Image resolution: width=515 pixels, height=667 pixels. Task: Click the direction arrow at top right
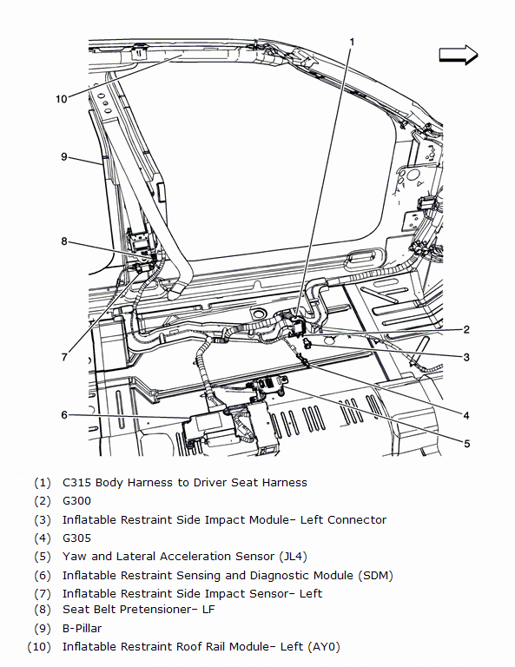[x=459, y=55]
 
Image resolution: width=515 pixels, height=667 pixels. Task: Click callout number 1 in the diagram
[x=352, y=42]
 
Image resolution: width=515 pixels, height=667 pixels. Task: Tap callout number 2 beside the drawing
[x=466, y=329]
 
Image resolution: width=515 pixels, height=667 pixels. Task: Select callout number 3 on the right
[x=466, y=357]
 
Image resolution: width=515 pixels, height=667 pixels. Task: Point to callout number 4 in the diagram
[x=466, y=415]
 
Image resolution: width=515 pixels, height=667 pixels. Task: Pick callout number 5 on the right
[x=467, y=444]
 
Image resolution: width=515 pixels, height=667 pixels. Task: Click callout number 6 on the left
[x=63, y=415]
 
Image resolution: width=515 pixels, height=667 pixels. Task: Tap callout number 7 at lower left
[x=64, y=357]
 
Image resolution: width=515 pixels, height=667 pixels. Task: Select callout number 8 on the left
[x=63, y=241]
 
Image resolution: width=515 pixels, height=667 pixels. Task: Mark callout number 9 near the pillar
[x=63, y=156]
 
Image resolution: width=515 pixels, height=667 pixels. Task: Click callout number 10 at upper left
[x=62, y=99]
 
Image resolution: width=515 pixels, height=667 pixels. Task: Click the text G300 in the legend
[x=76, y=500]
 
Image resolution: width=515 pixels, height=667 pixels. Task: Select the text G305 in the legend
[x=76, y=538]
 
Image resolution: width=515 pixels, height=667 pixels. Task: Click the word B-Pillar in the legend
[x=83, y=628]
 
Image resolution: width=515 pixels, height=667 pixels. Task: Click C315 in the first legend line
[x=76, y=482]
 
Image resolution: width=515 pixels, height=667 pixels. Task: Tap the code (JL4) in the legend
[x=293, y=557]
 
